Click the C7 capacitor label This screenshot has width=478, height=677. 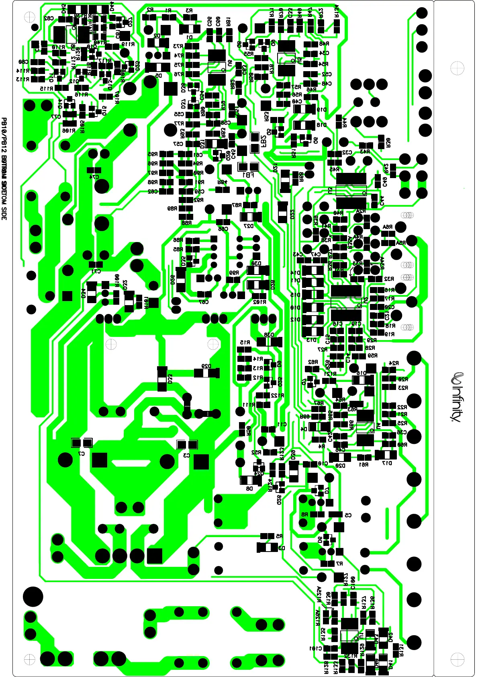coord(82,453)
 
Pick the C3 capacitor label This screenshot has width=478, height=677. coord(186,455)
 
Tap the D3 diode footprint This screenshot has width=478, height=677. coord(267,547)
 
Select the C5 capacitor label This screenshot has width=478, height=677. coord(348,515)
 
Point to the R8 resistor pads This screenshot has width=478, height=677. coord(317,514)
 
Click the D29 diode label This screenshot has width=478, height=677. coord(206,366)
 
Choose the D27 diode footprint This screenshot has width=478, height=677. coord(251,217)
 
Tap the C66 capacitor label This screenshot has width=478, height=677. coord(223,229)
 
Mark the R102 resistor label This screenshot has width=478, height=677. coord(259,302)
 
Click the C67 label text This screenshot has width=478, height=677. coord(204,302)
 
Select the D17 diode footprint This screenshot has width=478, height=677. coord(386,455)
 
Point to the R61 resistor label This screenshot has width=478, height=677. coord(364,464)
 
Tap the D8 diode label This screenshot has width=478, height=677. coord(249,488)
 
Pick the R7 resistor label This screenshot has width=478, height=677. coord(339,564)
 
